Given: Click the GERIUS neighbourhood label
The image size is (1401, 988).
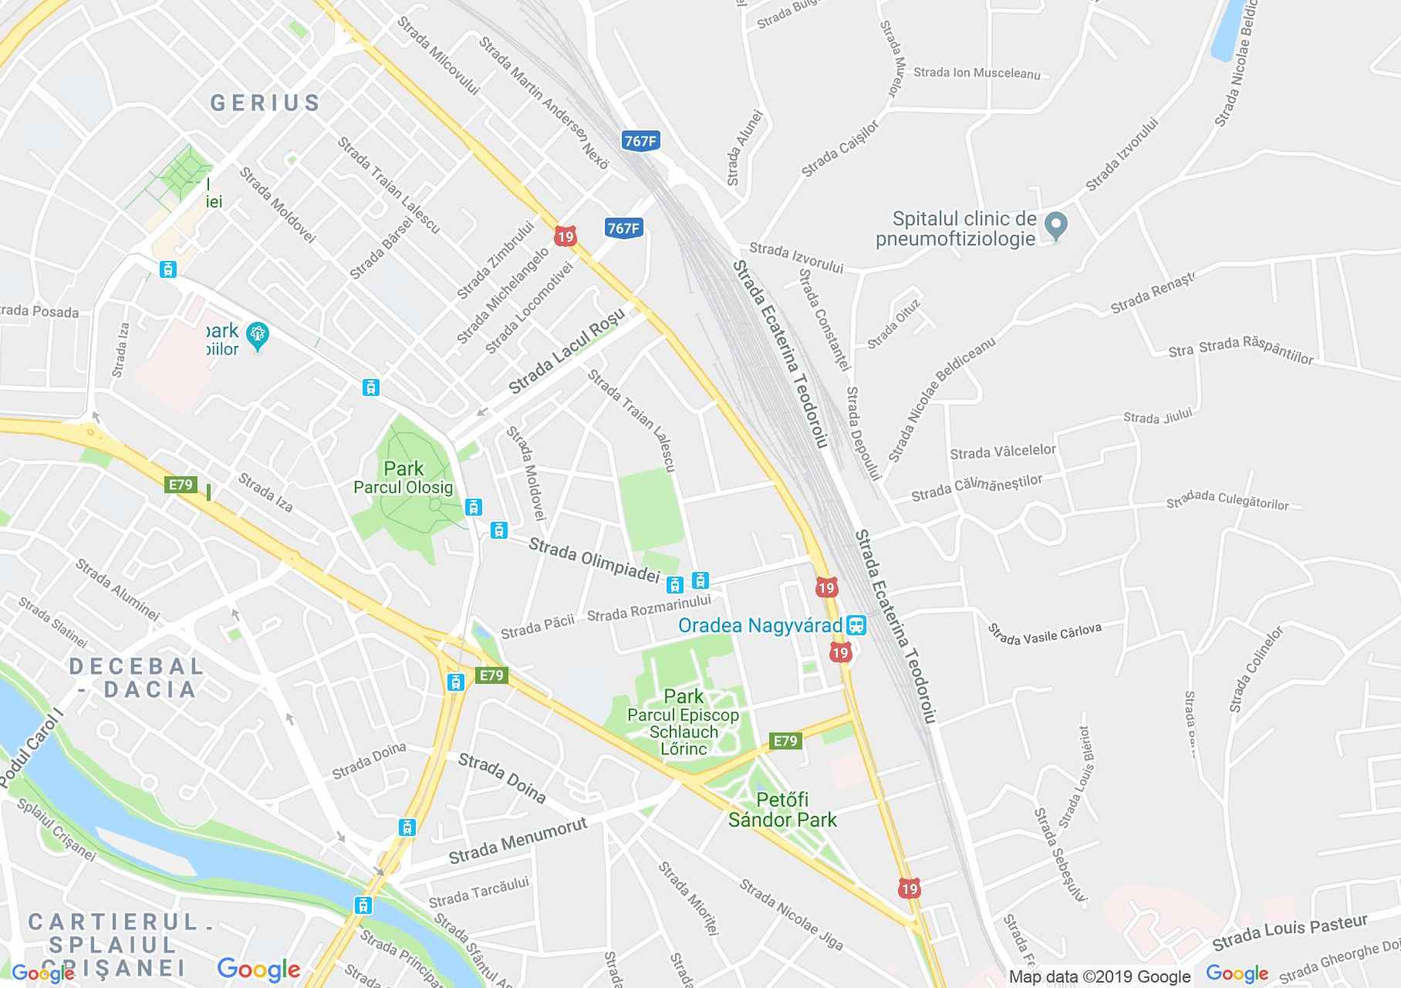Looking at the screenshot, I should [x=265, y=103].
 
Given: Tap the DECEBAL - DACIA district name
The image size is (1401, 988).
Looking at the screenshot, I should [x=137, y=677].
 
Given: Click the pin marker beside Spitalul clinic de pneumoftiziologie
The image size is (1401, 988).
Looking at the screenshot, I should [x=1055, y=225].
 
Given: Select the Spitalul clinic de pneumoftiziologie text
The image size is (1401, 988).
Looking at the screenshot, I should [x=964, y=228].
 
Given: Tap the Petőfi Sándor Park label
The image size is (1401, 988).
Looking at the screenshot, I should [x=782, y=809].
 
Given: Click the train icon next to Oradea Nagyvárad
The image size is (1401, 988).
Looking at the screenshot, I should [x=856, y=624].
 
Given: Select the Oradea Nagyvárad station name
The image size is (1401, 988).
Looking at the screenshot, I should [x=760, y=624].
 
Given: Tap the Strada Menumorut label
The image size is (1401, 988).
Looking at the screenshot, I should [x=518, y=841].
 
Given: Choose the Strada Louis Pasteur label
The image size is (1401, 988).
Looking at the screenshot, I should [x=1289, y=932].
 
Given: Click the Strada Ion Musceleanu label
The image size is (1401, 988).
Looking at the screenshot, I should [x=977, y=73].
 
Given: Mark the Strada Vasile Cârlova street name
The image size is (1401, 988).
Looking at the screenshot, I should [x=1045, y=634].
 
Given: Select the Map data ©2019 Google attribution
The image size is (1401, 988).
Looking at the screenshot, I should [x=1099, y=977].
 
